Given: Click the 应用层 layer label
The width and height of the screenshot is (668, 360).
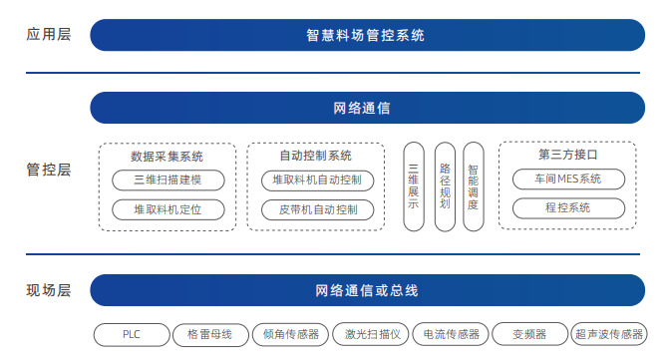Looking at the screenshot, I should point(49,34).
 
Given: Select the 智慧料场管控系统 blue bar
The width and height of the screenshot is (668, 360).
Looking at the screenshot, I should point(365,35).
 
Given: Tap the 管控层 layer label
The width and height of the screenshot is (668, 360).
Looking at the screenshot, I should point(49,170).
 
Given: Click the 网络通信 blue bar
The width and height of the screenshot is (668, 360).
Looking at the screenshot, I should point(365,108).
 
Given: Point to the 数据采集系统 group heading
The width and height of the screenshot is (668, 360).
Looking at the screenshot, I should point(167,156).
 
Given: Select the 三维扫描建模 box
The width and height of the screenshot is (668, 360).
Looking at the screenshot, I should point(167,180).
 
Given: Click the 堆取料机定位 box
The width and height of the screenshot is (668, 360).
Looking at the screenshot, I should point(167,209).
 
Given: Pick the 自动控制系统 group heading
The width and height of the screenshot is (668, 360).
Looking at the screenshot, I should point(315,156).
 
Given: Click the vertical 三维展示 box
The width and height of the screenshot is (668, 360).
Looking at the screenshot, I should point(414,187).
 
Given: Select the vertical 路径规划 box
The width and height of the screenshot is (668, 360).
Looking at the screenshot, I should point(445,187).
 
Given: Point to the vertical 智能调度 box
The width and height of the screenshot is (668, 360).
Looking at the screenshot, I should point(474,187).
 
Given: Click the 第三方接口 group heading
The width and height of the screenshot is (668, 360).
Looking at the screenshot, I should point(567,155).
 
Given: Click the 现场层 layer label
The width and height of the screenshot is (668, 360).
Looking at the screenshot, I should point(49,291).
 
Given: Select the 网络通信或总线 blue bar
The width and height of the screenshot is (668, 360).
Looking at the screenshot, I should point(365,291).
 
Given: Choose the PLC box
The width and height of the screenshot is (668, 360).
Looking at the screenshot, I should point(132,334).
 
